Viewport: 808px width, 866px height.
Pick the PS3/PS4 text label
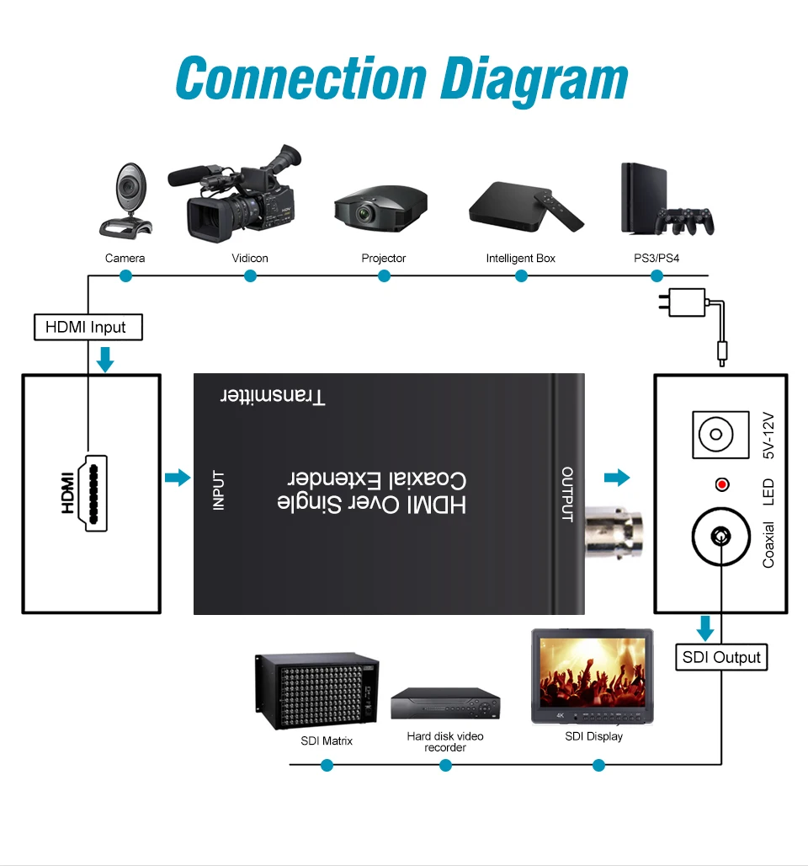(656, 258)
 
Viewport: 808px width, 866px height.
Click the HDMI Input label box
(88, 327)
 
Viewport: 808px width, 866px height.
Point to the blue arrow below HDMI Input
(105, 359)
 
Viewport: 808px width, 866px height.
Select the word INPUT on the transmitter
(219, 489)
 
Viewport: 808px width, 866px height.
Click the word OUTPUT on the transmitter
(567, 494)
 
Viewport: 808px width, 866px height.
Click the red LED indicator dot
(721, 484)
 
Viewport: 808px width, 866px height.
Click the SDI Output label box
(721, 657)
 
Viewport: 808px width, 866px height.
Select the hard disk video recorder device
(445, 703)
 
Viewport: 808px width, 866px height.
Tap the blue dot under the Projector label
(384, 275)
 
